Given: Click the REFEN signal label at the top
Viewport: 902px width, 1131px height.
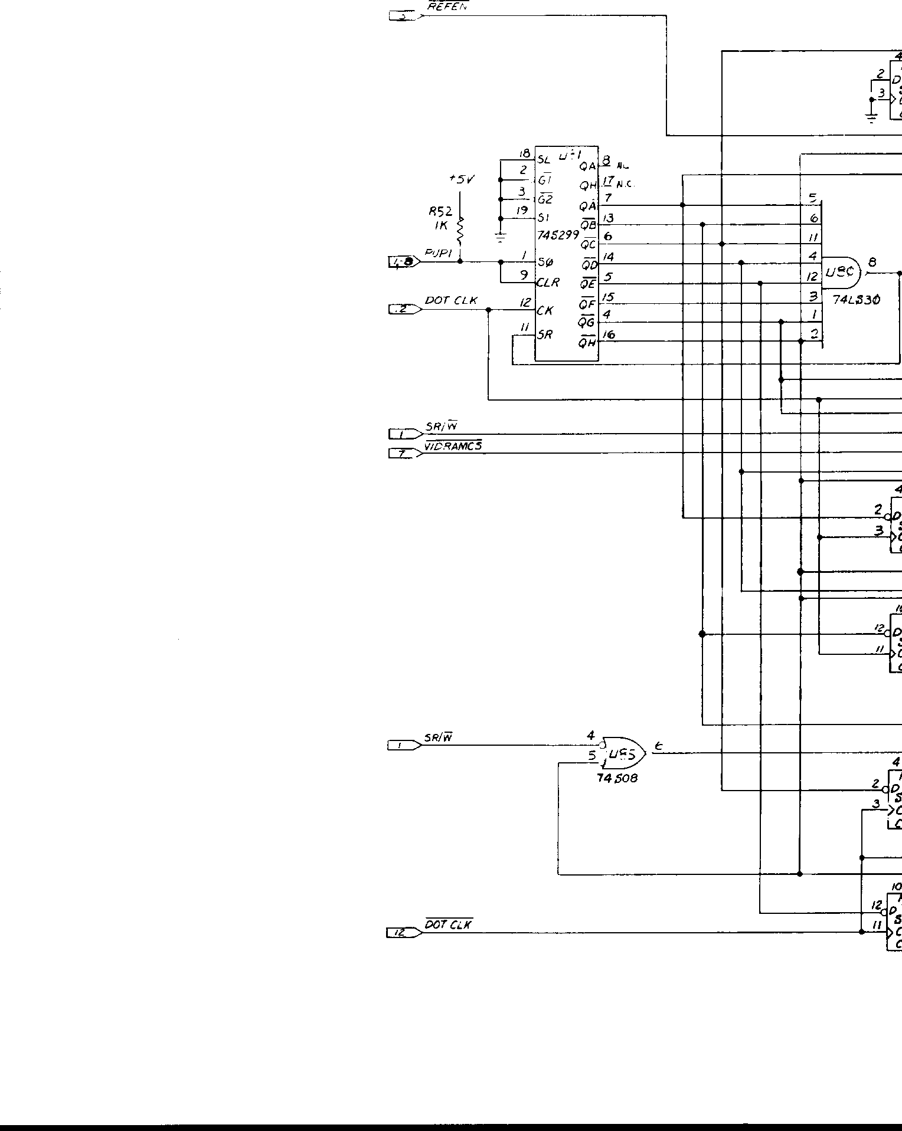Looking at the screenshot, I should click(447, 6).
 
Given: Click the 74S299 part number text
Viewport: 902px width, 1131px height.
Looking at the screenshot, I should click(557, 235).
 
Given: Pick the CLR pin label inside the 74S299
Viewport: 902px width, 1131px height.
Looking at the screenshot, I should click(548, 283).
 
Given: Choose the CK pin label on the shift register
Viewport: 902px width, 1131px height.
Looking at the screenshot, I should click(545, 310).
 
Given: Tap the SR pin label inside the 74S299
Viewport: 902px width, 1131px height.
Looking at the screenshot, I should click(545, 335).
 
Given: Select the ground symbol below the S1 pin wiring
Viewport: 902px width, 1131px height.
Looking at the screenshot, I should click(501, 238).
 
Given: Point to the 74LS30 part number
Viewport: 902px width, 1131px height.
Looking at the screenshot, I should click(856, 300).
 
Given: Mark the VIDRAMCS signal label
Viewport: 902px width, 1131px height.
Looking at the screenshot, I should click(453, 447).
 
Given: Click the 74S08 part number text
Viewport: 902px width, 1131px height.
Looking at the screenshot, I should click(617, 778).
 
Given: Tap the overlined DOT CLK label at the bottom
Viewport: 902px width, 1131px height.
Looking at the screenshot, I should click(449, 925).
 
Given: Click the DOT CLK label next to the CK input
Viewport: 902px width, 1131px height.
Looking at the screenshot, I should click(451, 301).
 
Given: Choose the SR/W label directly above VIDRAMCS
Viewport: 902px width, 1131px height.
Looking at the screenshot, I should click(442, 427).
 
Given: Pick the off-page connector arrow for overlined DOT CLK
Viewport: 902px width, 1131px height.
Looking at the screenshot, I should click(404, 933).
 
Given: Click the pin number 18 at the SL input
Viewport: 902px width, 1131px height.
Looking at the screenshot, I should click(524, 154).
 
